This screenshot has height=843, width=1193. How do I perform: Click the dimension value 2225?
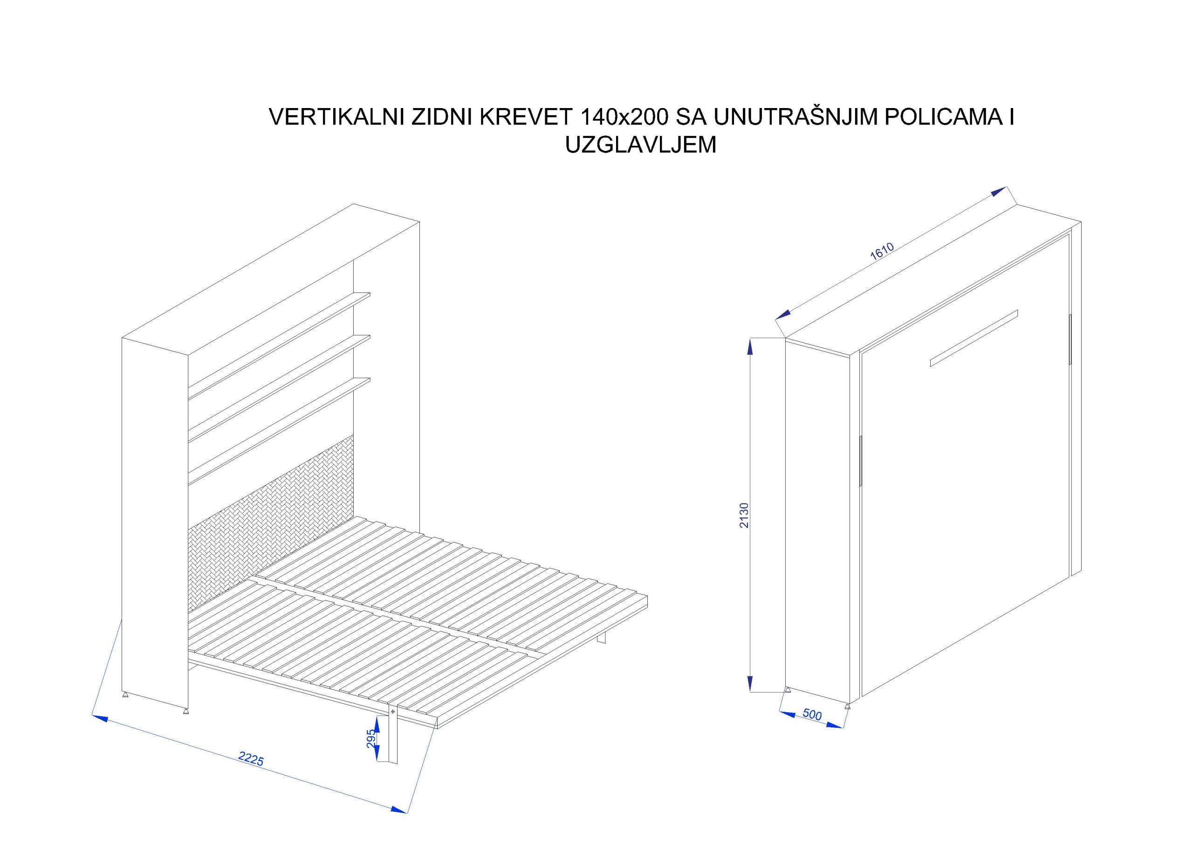(252, 760)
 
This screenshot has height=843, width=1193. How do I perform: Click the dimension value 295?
(371, 739)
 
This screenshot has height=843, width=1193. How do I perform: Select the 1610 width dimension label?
(882, 252)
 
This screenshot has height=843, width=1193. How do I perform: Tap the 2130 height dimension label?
(744, 515)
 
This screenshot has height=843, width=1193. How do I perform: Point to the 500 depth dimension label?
(812, 715)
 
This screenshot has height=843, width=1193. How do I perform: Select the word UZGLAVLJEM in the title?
(641, 145)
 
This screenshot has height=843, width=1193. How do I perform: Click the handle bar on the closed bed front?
(974, 338)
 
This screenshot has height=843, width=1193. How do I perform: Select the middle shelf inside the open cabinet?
(279, 389)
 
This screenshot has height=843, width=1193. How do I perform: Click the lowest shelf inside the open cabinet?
(279, 432)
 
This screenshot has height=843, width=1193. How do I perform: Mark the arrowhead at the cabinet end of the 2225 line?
(100, 718)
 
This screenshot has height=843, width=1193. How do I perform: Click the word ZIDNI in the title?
(442, 117)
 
